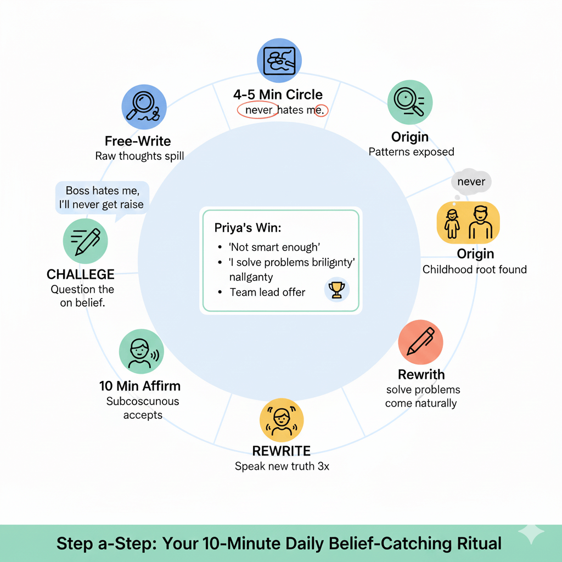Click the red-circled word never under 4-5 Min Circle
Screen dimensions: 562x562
point(258,110)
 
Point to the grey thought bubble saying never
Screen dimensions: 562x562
point(471,181)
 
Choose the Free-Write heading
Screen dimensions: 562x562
point(138,142)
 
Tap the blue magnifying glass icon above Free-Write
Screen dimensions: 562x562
point(144,107)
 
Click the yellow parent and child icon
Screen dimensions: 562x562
point(468,223)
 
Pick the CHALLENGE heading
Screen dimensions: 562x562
point(81,274)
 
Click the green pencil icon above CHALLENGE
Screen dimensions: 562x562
point(86,241)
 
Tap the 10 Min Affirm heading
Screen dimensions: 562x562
point(140,386)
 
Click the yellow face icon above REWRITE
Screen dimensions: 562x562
point(281,419)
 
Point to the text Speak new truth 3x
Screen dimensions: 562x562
point(282,467)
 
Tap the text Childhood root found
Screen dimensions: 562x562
point(474,269)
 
